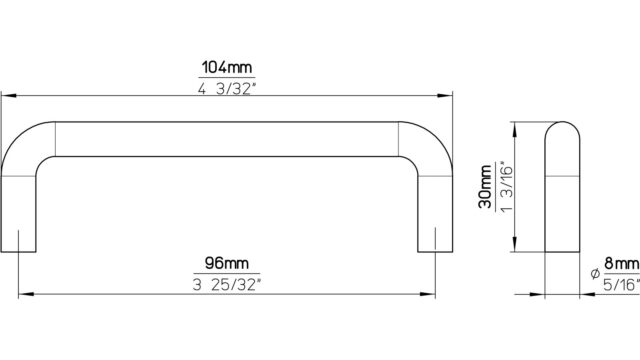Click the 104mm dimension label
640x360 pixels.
pos(227,67)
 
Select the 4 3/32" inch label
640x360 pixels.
pos(227,88)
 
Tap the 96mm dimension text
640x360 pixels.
pos(227,263)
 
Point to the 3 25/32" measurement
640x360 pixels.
pos(227,284)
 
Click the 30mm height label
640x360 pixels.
pos(486,186)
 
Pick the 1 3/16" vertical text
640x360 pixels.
pos(506,187)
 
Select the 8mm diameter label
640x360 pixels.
pos(622,263)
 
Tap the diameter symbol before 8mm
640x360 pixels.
pos(595,274)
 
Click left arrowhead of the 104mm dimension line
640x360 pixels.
pos(9,96)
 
